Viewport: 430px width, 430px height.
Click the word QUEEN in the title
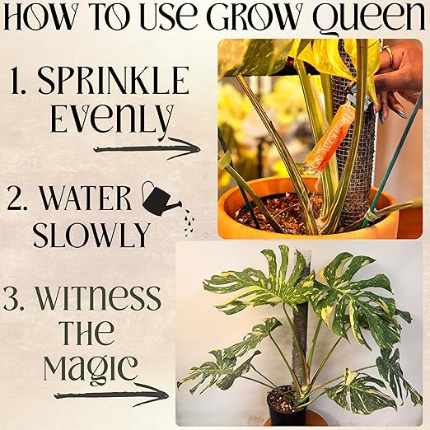369,18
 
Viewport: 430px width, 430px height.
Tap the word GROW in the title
253,17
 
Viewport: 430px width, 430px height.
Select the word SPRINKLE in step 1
113,81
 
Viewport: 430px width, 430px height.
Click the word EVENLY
112,120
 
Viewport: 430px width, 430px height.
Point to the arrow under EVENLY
147,148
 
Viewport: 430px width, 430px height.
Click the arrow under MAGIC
111,395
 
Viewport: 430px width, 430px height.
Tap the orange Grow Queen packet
328,137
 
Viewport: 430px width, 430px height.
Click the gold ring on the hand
387,53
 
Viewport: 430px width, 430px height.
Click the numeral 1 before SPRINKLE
18,81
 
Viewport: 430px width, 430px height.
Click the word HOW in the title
40,17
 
